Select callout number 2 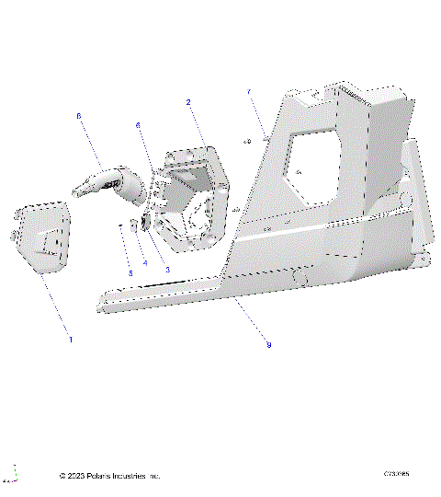(x=188, y=102)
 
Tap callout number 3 (x=166, y=268)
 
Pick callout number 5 (x=130, y=273)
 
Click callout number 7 (x=249, y=91)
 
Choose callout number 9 (x=268, y=344)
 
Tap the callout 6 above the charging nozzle (x=79, y=116)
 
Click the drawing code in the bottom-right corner (x=396, y=475)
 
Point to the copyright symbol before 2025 (x=62, y=476)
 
